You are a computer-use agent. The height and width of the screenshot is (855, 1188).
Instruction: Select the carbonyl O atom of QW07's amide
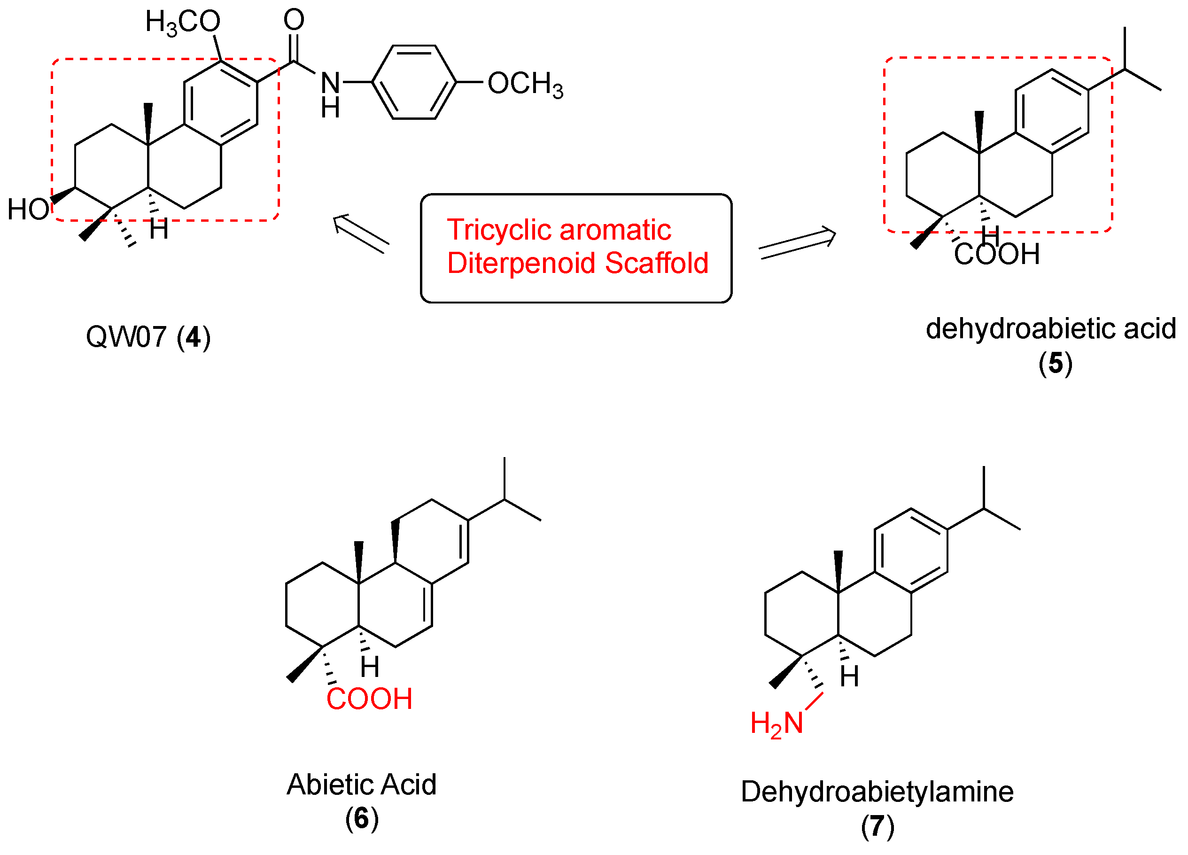294,20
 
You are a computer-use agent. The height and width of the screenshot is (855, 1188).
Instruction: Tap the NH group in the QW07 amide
331,94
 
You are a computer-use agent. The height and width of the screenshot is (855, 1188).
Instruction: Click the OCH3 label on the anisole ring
525,85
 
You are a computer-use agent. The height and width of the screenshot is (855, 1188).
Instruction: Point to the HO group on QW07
28,210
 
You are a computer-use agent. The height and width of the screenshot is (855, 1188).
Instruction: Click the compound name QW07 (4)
148,337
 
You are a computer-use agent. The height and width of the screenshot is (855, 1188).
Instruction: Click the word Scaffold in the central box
656,263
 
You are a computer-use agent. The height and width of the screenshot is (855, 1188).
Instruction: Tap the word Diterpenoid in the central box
521,263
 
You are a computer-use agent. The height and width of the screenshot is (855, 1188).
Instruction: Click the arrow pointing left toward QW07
361,233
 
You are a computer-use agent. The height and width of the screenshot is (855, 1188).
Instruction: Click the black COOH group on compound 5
996,255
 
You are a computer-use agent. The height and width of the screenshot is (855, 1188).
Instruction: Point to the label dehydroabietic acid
1051,329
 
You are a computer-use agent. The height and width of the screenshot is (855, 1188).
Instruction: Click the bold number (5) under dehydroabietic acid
1056,364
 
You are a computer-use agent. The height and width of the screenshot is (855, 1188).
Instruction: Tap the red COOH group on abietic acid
369,700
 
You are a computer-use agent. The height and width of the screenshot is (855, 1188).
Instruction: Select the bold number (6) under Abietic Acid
361,818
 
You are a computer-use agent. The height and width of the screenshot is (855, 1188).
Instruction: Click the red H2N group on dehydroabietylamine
777,724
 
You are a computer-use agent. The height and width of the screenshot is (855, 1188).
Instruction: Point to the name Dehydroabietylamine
877,792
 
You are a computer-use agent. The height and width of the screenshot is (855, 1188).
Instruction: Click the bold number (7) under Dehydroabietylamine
877,827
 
